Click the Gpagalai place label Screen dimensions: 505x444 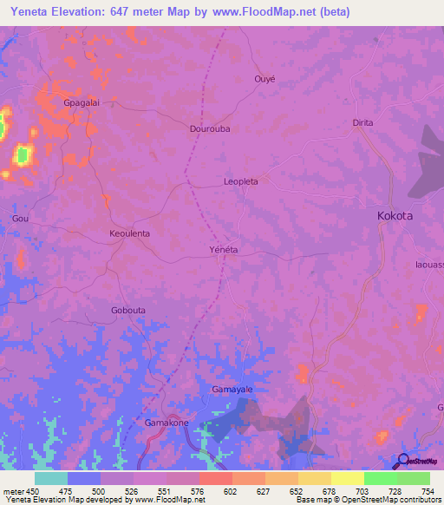click(x=82, y=102)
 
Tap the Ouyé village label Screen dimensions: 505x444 click(x=264, y=78)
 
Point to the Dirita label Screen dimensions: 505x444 click(x=362, y=122)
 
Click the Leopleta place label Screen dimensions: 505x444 click(x=241, y=182)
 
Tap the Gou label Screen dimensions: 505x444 click(x=20, y=219)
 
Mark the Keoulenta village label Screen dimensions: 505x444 click(x=129, y=234)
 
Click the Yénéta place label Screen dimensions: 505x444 click(x=224, y=249)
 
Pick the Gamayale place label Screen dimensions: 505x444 click(x=232, y=390)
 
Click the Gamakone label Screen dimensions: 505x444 click(x=166, y=423)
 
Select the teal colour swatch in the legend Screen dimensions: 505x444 click(x=51, y=478)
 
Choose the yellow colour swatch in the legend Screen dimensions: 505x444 click(x=348, y=478)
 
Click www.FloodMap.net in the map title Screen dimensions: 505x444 click(x=269, y=11)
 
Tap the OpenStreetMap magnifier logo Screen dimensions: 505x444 click(x=402, y=461)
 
